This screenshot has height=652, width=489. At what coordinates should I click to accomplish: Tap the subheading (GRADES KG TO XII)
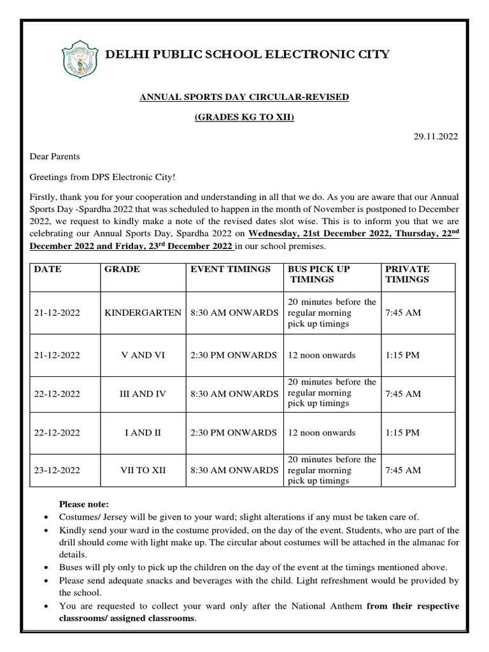(244, 118)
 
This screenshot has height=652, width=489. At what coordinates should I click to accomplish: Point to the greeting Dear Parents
(55, 156)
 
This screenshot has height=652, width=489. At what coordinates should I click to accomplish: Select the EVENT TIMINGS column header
(230, 269)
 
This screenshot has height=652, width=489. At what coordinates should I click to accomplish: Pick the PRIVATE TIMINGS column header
(407, 274)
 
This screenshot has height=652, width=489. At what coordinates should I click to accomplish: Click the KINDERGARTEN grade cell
(143, 313)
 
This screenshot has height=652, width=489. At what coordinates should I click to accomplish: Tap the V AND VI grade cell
(143, 355)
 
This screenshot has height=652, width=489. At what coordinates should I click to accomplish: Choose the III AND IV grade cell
(143, 393)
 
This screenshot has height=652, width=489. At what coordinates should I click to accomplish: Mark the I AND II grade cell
(143, 433)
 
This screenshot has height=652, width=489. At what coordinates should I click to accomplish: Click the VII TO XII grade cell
(143, 471)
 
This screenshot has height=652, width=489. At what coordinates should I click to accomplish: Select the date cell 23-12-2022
(57, 471)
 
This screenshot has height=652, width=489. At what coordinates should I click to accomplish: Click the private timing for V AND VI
(402, 355)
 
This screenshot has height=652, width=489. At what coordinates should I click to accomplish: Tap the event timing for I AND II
(233, 433)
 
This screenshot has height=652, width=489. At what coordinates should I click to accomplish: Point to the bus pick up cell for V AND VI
(322, 355)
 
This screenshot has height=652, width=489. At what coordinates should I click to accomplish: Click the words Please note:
(84, 504)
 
